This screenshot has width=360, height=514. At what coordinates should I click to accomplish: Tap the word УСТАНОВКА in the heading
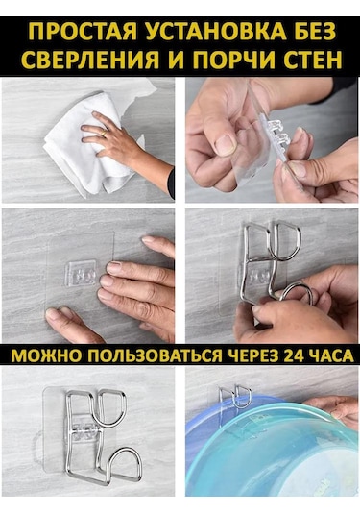point(212,32)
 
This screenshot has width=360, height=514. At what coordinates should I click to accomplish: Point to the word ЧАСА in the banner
point(332,355)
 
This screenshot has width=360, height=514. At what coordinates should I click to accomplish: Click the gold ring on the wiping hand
point(103,133)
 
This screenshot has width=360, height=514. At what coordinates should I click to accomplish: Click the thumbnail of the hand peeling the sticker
point(272,140)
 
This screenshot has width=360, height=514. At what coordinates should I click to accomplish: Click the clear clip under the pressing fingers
point(82,274)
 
